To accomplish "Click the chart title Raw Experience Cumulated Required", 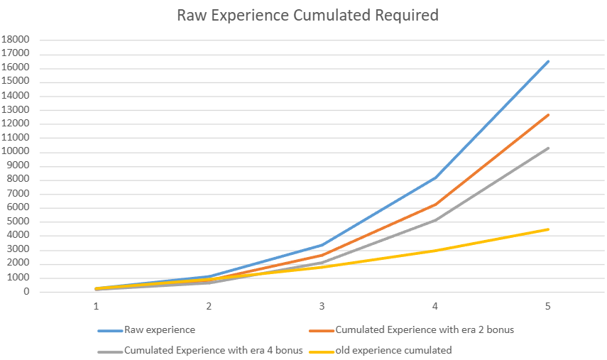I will (x=307, y=14).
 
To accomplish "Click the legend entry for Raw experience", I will (x=159, y=329).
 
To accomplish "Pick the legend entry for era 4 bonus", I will (x=214, y=349).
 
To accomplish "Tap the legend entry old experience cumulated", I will (x=393, y=349).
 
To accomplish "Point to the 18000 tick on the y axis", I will (x=15, y=40).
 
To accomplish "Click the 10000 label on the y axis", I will (x=15, y=152).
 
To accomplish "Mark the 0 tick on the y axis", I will (x=25, y=292).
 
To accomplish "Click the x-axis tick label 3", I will (x=322, y=306).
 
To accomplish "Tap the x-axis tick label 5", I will (x=548, y=306).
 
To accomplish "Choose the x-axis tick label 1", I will (x=96, y=306).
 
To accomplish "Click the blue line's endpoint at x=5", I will (x=548, y=61).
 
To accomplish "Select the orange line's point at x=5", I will (x=548, y=114).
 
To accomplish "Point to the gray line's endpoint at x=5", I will (x=548, y=148).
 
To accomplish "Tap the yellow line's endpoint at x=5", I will (x=548, y=229).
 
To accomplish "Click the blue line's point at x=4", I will (x=435, y=178).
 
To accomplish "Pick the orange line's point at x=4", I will (x=435, y=204).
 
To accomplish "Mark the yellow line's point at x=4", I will (x=435, y=251).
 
